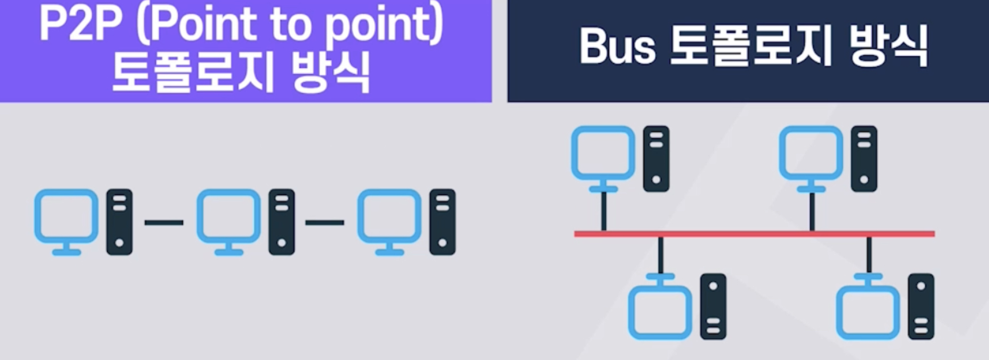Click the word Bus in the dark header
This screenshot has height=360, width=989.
click(x=617, y=46)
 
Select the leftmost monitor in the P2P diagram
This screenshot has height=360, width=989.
click(x=66, y=217)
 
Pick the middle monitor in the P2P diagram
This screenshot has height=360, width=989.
click(x=228, y=217)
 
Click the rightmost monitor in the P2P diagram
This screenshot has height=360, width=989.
click(x=389, y=217)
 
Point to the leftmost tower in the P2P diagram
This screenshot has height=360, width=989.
click(x=119, y=222)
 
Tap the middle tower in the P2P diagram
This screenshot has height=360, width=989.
click(x=281, y=222)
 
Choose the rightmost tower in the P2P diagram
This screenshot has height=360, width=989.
click(x=442, y=222)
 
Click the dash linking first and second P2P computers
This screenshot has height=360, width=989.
click(x=164, y=222)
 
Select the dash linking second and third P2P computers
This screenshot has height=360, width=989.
click(x=324, y=222)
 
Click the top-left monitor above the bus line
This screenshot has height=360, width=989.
click(x=603, y=153)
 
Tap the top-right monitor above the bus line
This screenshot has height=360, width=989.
click(x=811, y=153)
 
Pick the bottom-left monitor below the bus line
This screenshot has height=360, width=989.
click(x=661, y=312)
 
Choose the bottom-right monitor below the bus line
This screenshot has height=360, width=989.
click(x=868, y=312)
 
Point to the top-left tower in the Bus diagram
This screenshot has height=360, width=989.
click(x=656, y=158)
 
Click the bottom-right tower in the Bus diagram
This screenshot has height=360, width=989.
click(x=921, y=306)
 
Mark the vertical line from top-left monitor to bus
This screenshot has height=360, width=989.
click(x=603, y=211)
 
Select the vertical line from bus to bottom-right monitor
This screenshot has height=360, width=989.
click(x=869, y=255)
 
